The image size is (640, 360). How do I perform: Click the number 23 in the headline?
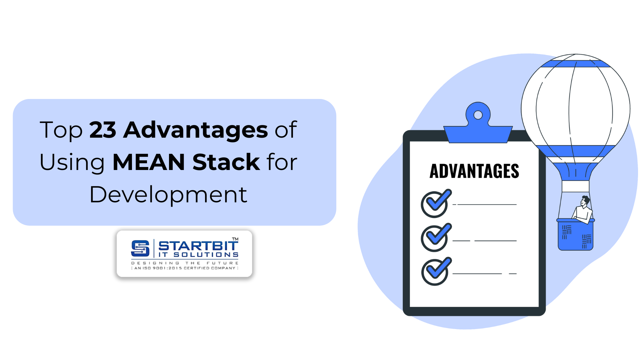click(103, 130)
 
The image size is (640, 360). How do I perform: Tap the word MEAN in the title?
click(149, 162)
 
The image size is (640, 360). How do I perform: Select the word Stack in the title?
click(226, 162)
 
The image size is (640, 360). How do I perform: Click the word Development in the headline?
click(168, 195)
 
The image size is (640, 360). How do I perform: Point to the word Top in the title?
click(61, 130)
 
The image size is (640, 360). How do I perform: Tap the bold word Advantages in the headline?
click(195, 130)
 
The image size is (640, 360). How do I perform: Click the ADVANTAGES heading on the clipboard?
click(474, 171)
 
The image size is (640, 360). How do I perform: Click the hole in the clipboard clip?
click(478, 115)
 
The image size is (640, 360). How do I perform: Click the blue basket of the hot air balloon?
click(576, 235)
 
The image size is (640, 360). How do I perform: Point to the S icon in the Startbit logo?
click(140, 249)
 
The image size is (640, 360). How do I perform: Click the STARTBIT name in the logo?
click(198, 246)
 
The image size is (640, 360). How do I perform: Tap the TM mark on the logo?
click(235, 239)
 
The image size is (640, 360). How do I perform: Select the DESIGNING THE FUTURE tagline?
click(185, 263)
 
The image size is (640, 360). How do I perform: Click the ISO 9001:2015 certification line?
click(185, 268)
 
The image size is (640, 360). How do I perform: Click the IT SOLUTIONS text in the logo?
click(198, 255)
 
